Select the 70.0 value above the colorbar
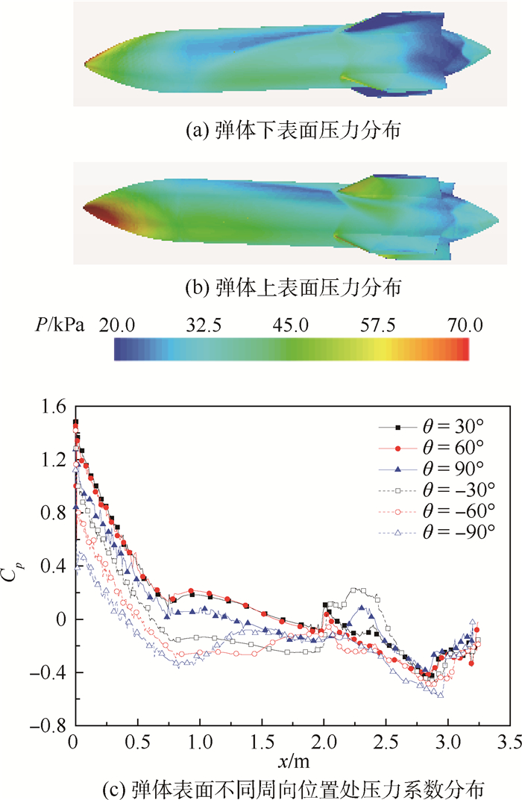pyautogui.click(x=465, y=325)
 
